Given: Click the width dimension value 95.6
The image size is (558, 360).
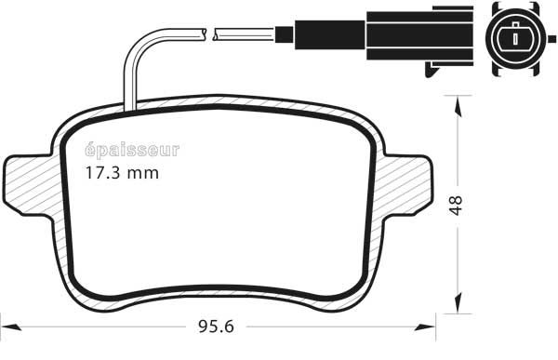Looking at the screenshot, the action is [216, 327].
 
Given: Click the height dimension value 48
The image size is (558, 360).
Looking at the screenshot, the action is [456, 205].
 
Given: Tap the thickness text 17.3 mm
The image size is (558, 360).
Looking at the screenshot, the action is [122, 173].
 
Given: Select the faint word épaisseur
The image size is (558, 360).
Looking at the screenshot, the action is [132, 151].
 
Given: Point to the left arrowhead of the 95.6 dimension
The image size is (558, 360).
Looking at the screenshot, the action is [10, 327].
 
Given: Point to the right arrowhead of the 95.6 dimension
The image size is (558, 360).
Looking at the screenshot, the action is [425, 327].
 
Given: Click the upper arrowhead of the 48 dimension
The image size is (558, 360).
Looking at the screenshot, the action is [459, 107].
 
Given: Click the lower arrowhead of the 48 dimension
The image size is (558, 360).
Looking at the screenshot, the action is [459, 302].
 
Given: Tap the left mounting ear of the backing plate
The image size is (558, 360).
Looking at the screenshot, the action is [29, 185].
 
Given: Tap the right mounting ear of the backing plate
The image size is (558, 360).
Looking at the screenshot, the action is [409, 185].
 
